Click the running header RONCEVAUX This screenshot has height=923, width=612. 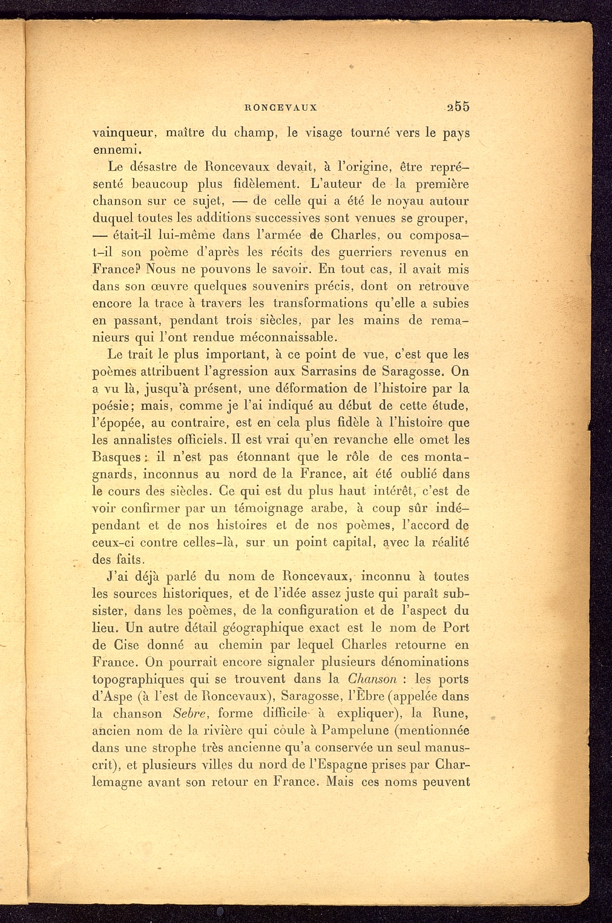click(x=280, y=108)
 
